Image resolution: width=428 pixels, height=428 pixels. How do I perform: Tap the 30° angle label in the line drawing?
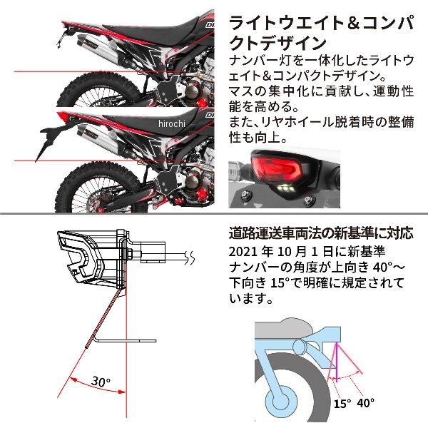click(x=101, y=382)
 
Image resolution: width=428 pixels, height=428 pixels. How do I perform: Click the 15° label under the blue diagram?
click(x=342, y=404)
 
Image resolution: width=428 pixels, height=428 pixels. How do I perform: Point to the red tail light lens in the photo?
click(x=267, y=170)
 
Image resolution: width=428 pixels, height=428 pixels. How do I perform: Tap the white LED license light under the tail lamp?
click(x=284, y=185)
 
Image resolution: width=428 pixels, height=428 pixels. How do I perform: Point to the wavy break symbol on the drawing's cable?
click(x=187, y=255)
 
